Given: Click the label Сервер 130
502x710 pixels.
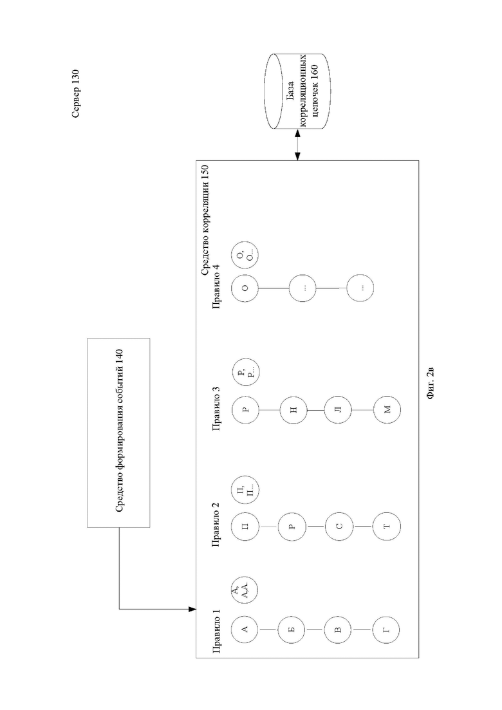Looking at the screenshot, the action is [x=75, y=94].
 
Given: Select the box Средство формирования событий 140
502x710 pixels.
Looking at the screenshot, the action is [x=118, y=433].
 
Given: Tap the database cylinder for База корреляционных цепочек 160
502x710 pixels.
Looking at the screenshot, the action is [x=297, y=91].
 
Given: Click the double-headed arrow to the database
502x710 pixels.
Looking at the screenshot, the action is [x=297, y=145].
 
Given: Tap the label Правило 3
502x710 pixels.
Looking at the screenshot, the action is [x=217, y=407].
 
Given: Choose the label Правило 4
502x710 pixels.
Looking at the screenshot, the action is [x=217, y=286].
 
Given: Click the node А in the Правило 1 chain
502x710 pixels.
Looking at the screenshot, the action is [x=245, y=630].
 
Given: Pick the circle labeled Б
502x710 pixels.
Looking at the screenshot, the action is [x=292, y=630].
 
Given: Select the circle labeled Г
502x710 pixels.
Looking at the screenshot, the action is [x=386, y=630].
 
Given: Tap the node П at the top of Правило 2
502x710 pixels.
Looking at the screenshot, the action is [x=245, y=527].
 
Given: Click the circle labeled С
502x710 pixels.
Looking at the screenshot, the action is [x=339, y=527].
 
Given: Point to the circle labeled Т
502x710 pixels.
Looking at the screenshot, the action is [x=386, y=527].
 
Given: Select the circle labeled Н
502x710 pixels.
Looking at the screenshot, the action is [x=293, y=410].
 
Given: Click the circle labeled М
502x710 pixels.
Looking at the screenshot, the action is [x=387, y=410].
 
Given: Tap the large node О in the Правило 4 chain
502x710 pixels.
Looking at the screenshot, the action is [x=245, y=288].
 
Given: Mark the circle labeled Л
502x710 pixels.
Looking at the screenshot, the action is [x=339, y=410].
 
